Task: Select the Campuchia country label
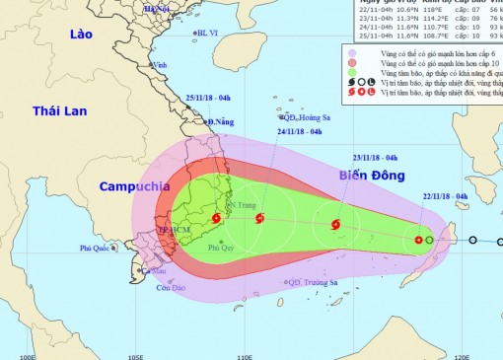134,185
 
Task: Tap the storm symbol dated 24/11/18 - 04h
259,217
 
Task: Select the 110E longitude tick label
244,354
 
